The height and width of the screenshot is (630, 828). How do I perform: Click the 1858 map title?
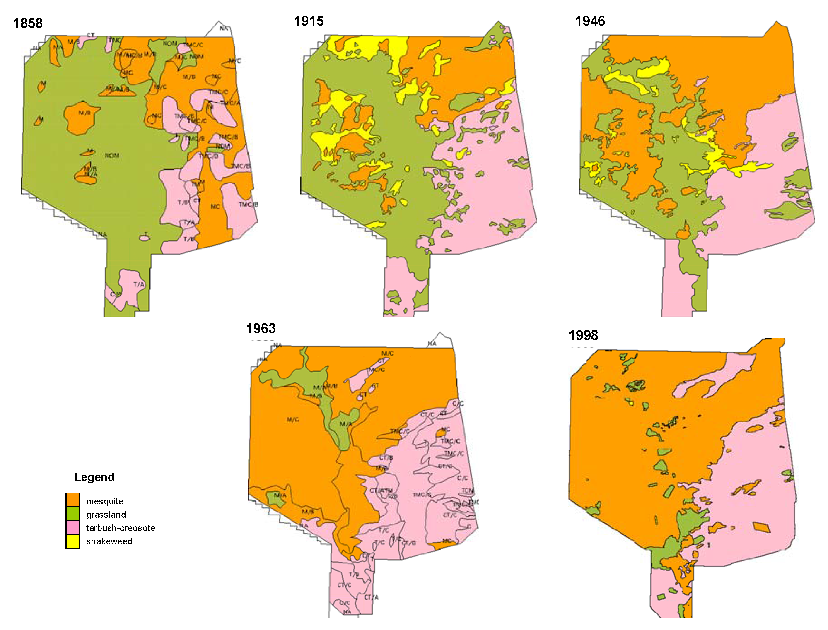28,23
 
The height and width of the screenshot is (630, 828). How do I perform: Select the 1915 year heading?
309,21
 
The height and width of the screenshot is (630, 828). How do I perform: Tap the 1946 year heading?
590,21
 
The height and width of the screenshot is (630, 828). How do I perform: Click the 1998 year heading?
583,335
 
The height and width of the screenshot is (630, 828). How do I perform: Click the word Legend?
94,477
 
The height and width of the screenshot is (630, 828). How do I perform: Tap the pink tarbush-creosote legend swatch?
73,527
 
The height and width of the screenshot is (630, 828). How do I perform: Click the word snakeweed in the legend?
109,541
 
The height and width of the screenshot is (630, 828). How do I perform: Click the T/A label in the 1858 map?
138,285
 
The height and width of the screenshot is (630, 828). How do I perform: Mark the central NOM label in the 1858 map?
112,155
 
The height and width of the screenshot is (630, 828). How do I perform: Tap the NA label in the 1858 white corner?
223,29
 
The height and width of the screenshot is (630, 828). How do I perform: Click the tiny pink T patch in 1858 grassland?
145,237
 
